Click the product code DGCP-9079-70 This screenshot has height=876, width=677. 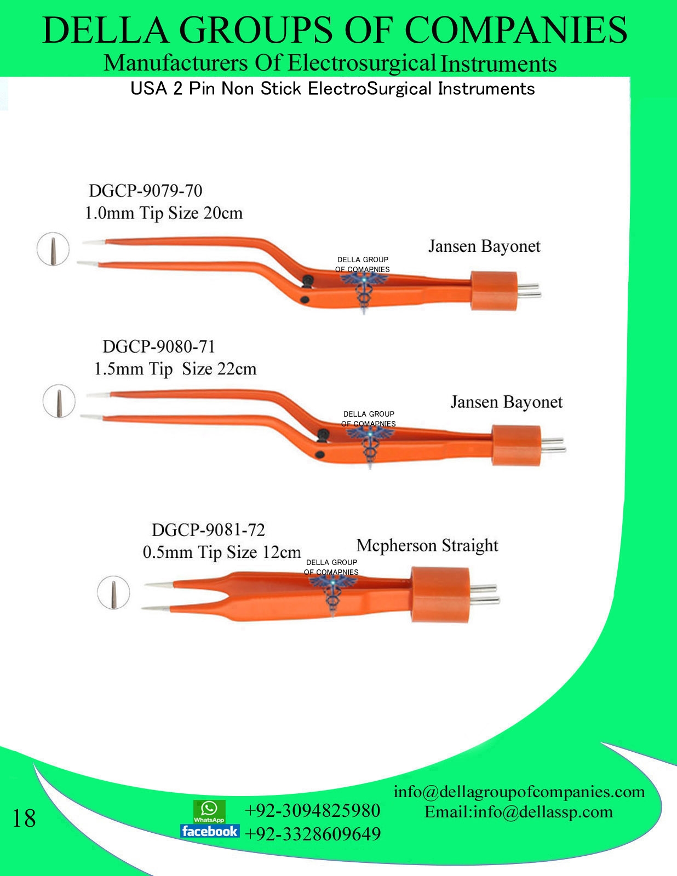[x=145, y=191]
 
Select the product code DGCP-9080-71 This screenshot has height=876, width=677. [x=158, y=346]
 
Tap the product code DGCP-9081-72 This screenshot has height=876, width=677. [x=208, y=530]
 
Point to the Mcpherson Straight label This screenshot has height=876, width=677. [x=427, y=545]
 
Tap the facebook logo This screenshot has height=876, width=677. [x=209, y=831]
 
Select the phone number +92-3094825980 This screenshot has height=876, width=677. [x=312, y=810]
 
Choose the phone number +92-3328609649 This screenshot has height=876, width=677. [x=312, y=834]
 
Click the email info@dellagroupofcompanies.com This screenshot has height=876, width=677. [x=519, y=792]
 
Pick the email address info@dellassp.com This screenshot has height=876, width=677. [x=542, y=811]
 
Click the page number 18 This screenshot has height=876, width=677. [x=24, y=818]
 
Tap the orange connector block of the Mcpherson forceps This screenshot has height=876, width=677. [x=440, y=595]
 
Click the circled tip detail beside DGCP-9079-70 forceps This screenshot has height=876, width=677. [x=53, y=249]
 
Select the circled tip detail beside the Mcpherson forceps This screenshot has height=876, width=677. [x=113, y=592]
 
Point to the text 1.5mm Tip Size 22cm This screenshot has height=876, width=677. [x=175, y=368]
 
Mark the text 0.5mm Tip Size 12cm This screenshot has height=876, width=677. [x=221, y=552]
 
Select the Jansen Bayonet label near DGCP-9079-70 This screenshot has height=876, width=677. [x=484, y=246]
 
